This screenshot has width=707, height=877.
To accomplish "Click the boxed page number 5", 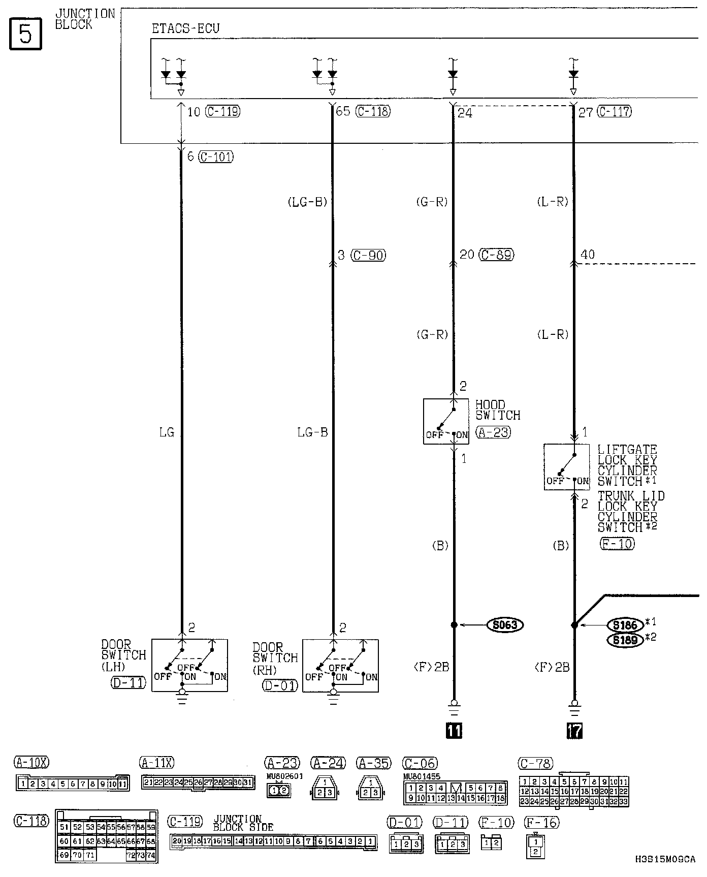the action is (x=25, y=34).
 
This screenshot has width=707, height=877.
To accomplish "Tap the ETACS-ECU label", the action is (x=185, y=28).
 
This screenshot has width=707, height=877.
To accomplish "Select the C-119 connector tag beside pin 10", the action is (x=222, y=111).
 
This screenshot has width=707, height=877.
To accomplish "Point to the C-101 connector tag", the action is (x=216, y=156).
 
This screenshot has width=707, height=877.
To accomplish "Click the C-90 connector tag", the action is (x=369, y=255).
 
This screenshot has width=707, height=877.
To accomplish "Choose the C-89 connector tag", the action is (x=497, y=255).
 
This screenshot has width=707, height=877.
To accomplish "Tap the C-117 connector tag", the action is (x=615, y=111).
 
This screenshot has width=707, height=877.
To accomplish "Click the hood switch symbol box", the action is (x=446, y=421).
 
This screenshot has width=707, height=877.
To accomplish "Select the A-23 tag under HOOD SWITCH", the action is (x=493, y=432).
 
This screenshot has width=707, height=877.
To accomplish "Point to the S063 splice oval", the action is (x=505, y=624).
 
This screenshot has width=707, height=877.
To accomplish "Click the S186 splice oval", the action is (x=625, y=625).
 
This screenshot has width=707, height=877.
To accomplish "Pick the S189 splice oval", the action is (x=625, y=640).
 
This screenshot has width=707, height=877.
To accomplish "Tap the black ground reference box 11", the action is (x=454, y=731).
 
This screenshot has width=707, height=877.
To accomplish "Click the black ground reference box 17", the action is (x=574, y=731).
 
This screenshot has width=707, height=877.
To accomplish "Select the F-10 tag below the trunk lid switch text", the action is (x=617, y=544).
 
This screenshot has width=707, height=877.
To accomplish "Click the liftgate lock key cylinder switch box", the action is (x=567, y=467).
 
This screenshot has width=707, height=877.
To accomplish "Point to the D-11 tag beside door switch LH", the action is (x=128, y=682).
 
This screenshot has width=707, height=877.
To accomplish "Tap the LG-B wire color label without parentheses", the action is (x=312, y=432).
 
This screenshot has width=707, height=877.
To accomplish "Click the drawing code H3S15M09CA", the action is (x=665, y=859).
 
